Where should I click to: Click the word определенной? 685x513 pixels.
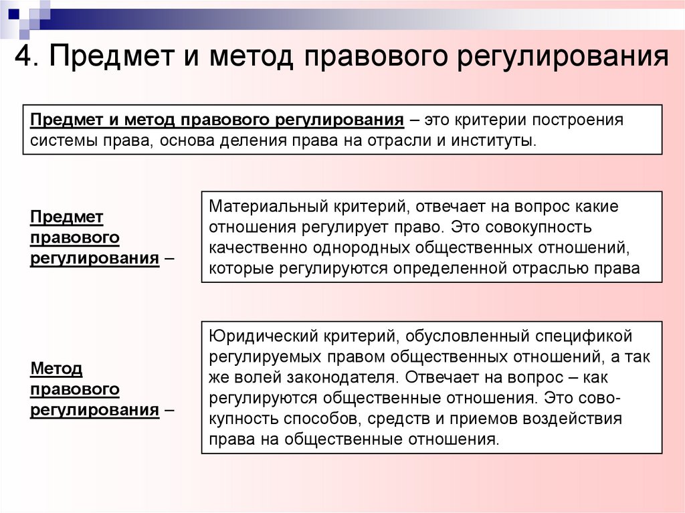(x=446, y=268)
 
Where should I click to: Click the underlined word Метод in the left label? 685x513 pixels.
(x=56, y=369)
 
